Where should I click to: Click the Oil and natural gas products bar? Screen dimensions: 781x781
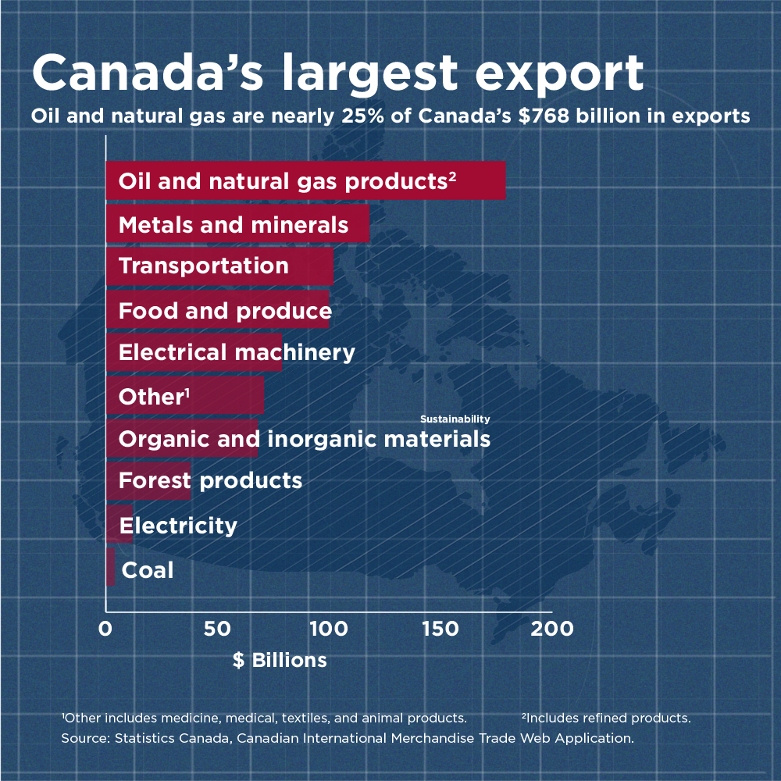point(305,181)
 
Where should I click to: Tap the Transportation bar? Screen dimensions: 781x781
point(219,266)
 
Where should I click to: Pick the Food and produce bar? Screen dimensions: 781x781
point(218,310)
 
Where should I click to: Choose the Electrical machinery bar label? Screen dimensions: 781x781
point(237,352)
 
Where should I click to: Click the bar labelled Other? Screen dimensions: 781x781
point(184,396)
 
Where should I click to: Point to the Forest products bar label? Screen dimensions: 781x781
point(210,480)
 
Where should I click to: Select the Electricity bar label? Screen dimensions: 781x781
point(178,525)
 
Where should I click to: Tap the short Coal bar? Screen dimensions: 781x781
point(110,567)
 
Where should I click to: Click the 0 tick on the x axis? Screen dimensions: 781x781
point(105,629)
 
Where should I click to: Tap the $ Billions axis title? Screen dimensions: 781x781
point(280,661)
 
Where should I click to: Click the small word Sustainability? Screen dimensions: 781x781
point(455,419)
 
